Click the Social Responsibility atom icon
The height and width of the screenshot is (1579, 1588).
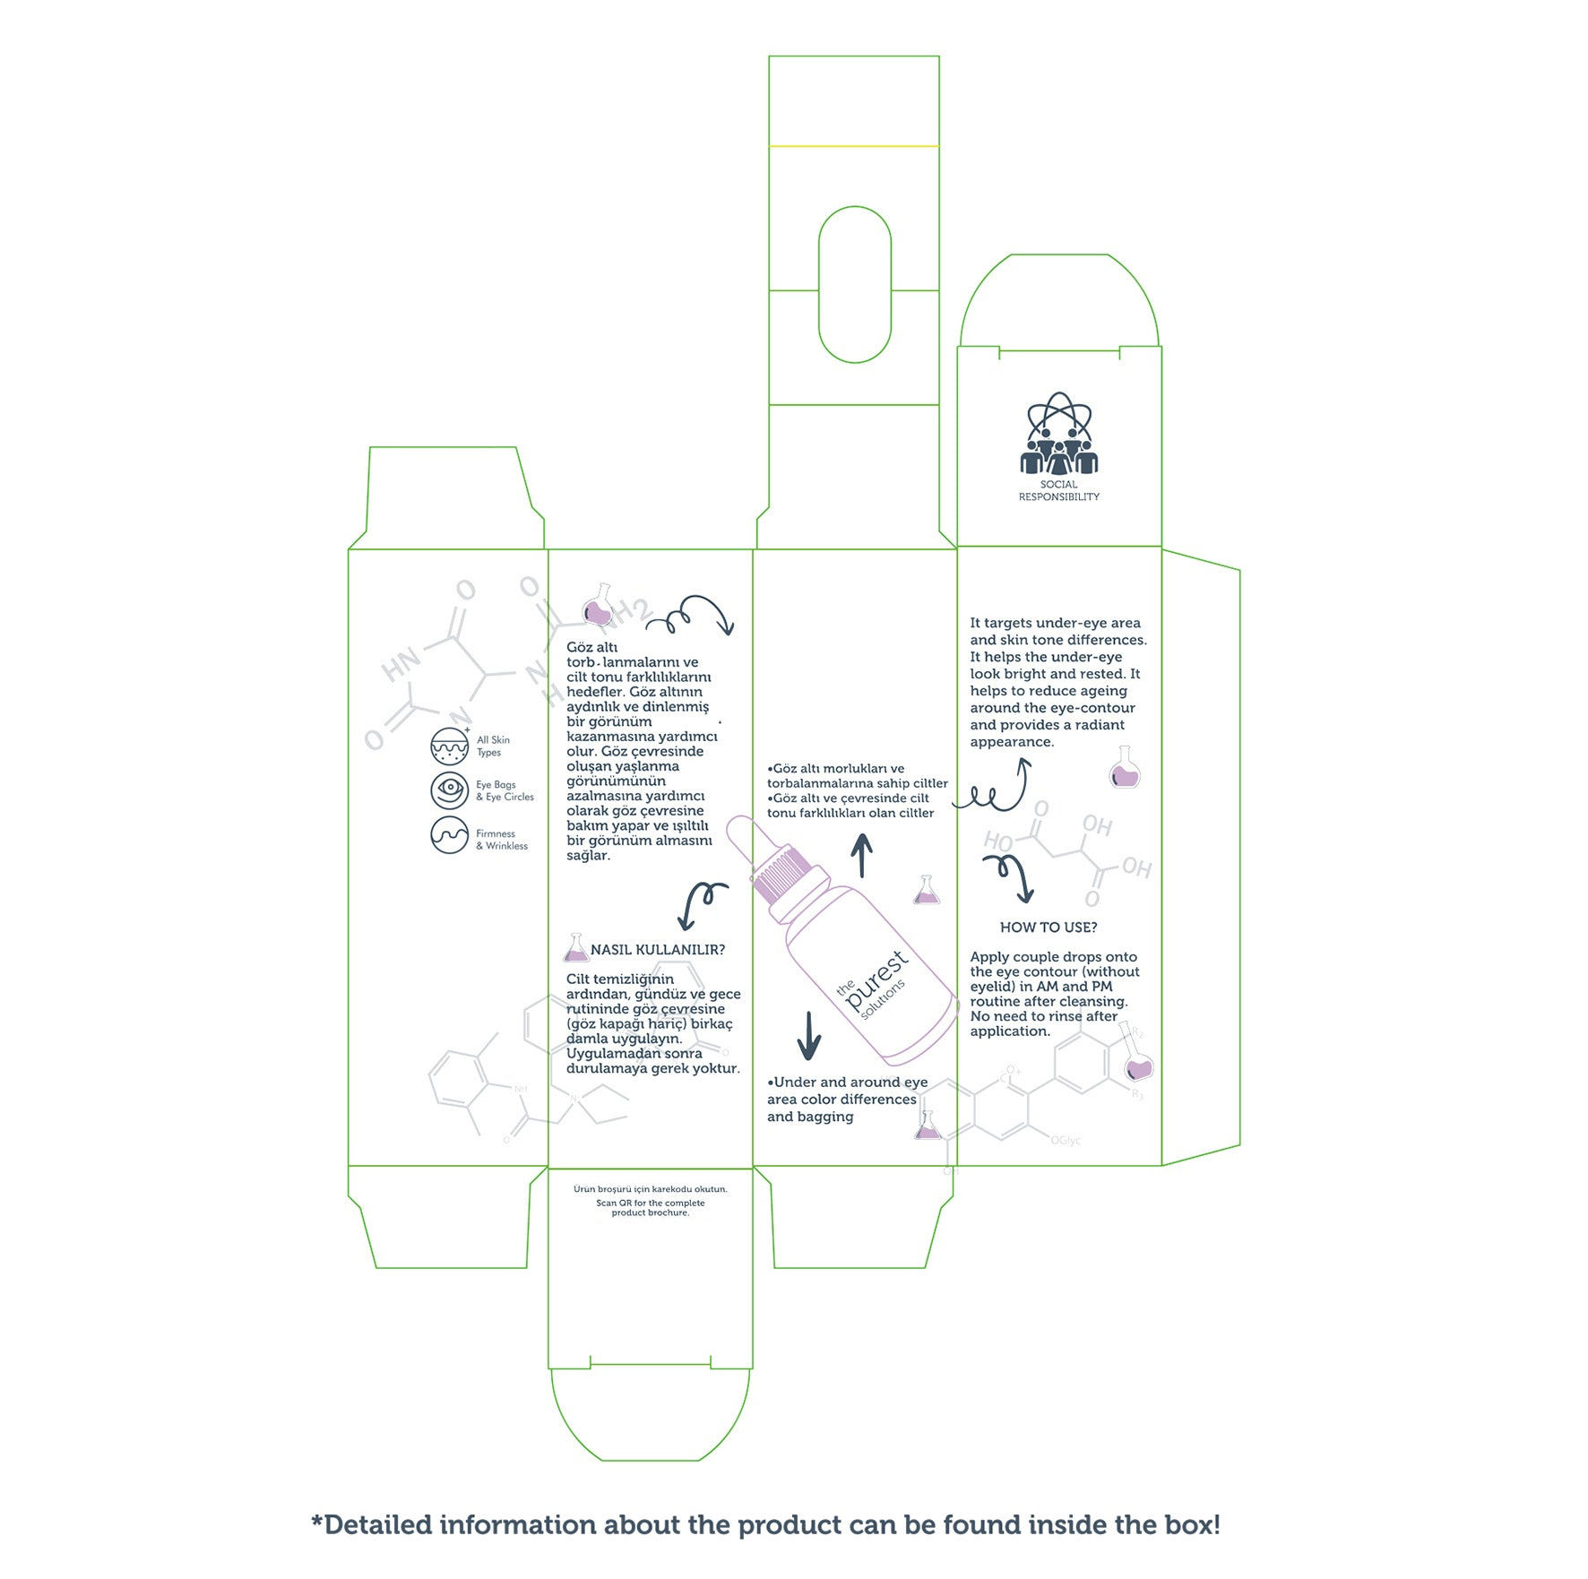pyautogui.click(x=1058, y=433)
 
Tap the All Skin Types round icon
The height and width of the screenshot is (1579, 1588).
pyautogui.click(x=450, y=746)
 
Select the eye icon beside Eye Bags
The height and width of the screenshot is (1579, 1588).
pyautogui.click(x=450, y=790)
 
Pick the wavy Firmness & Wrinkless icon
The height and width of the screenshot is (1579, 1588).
pyautogui.click(x=450, y=834)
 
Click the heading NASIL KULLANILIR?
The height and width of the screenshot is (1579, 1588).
pyautogui.click(x=658, y=950)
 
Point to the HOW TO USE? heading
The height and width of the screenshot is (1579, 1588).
pyautogui.click(x=1049, y=928)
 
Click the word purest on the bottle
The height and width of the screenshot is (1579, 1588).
pyautogui.click(x=876, y=979)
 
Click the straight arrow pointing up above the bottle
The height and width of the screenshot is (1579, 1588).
pyautogui.click(x=862, y=856)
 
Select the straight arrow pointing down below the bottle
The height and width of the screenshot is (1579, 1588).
pyautogui.click(x=809, y=1036)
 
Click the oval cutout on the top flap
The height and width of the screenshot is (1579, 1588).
pyautogui.click(x=855, y=285)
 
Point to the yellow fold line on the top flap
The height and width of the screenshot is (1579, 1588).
pyautogui.click(x=854, y=146)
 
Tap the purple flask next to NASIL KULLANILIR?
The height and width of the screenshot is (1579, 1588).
pyautogui.click(x=576, y=948)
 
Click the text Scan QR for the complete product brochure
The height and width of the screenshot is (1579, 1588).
pyautogui.click(x=651, y=1208)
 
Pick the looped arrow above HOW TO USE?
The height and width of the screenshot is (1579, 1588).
pyautogui.click(x=1010, y=877)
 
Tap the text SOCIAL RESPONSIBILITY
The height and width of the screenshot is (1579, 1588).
pyautogui.click(x=1058, y=491)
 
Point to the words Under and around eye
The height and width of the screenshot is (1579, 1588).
pyautogui.click(x=847, y=1083)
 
